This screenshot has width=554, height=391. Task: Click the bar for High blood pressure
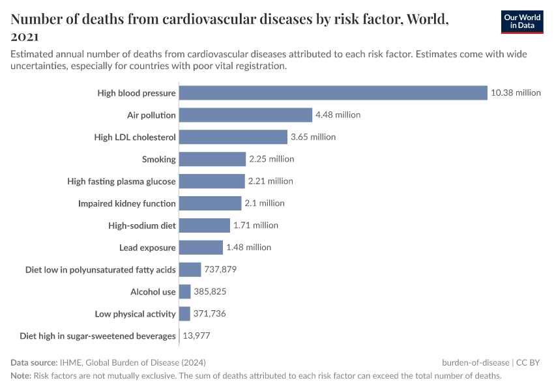(333, 93)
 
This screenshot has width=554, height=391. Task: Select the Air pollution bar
(246, 115)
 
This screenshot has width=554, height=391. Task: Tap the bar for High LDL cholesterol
(233, 137)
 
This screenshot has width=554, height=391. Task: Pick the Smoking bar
(212, 159)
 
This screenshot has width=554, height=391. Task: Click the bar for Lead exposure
(201, 248)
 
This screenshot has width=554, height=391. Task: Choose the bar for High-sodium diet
(204, 225)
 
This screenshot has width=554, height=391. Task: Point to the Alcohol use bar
(184, 292)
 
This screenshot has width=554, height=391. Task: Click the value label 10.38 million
(516, 93)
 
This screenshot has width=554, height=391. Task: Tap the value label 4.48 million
(338, 115)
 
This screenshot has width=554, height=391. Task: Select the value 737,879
(220, 270)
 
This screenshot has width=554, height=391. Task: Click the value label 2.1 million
(265, 203)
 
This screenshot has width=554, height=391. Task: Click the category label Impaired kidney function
(127, 203)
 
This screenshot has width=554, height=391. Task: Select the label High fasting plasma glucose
(122, 181)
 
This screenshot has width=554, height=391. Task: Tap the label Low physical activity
(136, 314)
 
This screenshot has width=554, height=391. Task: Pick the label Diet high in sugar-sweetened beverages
(98, 336)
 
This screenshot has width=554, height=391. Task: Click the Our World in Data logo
(522, 22)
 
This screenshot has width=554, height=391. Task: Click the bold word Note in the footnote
(20, 376)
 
